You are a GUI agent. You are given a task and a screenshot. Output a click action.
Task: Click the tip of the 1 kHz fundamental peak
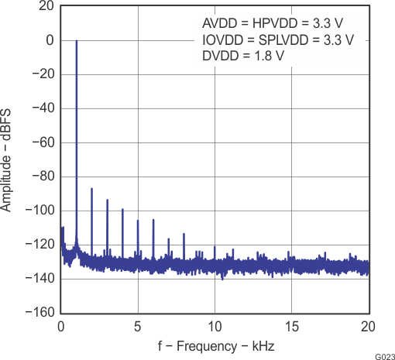coord(77,40)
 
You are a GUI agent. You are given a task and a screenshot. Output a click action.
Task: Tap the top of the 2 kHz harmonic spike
coord(91,188)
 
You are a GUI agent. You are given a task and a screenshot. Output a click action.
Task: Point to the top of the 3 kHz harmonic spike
coord(107,200)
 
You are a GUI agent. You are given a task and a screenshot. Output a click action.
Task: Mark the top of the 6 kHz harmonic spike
coord(153,215)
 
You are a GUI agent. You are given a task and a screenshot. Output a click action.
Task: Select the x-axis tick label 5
coord(138,326)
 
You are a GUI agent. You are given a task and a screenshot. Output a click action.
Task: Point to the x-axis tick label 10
coord(215,326)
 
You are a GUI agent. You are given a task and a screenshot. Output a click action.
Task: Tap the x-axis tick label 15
coord(291,326)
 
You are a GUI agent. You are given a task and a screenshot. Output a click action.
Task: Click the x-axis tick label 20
coord(368,326)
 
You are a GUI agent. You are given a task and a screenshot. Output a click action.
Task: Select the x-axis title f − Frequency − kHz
coord(215,345)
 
